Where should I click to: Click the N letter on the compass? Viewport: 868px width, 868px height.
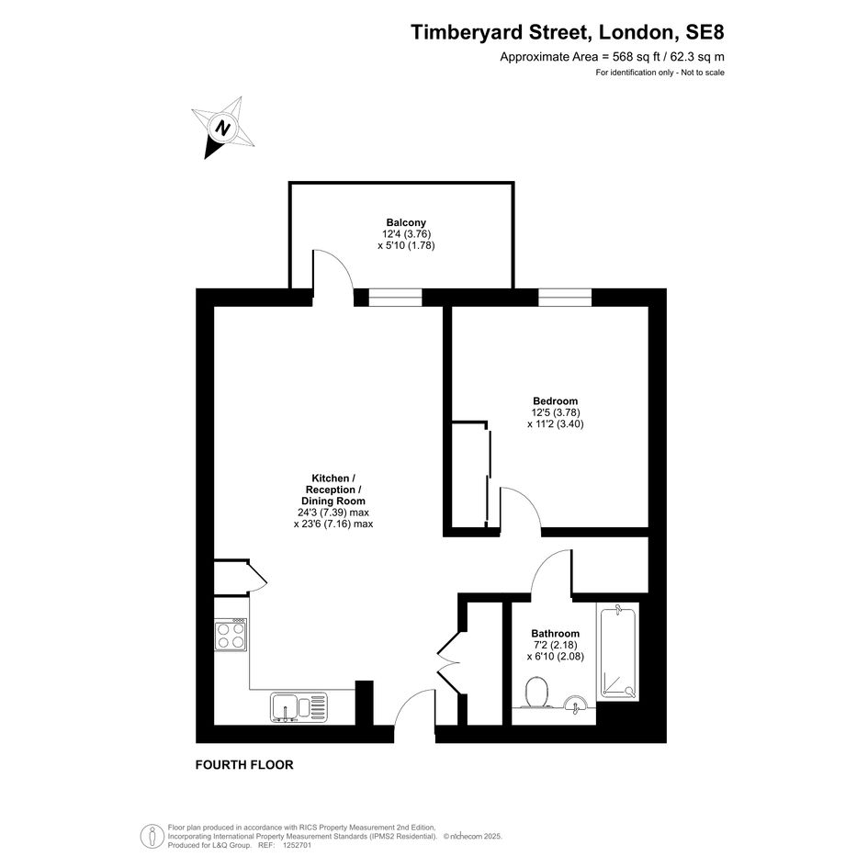point(223,129)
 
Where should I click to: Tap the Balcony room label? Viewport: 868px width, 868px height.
point(406,222)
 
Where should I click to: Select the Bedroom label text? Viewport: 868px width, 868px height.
point(555,400)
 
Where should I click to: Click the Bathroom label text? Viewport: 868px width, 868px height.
point(555,633)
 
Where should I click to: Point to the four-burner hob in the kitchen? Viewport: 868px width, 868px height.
point(231,635)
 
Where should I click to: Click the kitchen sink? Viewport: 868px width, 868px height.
point(299,707)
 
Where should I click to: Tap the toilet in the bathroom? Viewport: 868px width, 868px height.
point(536,693)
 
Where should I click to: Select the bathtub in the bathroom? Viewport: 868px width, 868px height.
point(617,651)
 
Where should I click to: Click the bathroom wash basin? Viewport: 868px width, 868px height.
point(576,703)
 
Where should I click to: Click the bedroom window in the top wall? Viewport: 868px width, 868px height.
point(565,298)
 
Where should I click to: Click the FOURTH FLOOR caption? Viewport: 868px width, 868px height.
point(244,764)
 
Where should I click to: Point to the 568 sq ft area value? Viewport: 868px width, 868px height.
point(637,56)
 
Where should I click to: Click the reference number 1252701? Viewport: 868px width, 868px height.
point(298,845)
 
